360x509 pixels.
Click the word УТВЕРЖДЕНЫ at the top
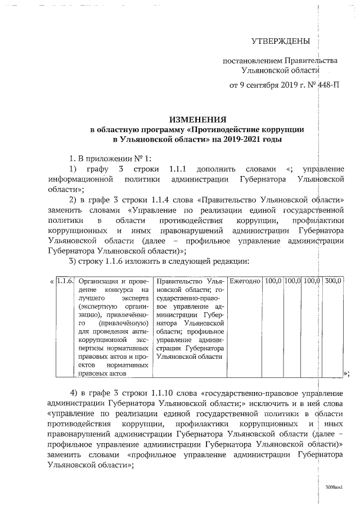point(280,42)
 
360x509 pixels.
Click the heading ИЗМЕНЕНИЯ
point(198,119)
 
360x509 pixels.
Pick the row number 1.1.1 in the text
point(185,169)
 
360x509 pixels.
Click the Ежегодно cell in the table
point(245,280)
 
